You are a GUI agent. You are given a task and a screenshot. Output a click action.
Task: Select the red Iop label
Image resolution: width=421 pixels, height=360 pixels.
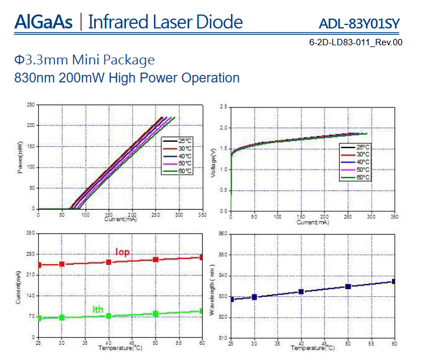[123, 252]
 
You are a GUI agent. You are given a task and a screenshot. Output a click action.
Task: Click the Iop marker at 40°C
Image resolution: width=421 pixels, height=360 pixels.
[109, 262]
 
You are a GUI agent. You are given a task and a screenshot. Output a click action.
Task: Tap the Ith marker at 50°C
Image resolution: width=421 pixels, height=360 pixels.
[156, 314]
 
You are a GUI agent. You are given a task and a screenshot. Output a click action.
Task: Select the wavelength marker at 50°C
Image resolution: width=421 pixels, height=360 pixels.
[348, 286]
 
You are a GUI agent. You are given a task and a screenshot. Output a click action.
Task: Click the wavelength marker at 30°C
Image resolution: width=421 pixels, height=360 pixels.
[254, 297]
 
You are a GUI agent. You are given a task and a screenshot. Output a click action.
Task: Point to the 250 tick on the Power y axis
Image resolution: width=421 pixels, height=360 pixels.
[30, 105]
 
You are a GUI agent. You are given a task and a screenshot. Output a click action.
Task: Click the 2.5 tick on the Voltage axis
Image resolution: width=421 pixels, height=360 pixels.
[224, 106]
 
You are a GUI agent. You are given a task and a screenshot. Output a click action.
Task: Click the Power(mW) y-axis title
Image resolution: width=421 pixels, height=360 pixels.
[21, 157]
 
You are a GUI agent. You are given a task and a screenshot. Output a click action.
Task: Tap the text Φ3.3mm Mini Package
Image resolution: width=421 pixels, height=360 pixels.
[85, 60]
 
